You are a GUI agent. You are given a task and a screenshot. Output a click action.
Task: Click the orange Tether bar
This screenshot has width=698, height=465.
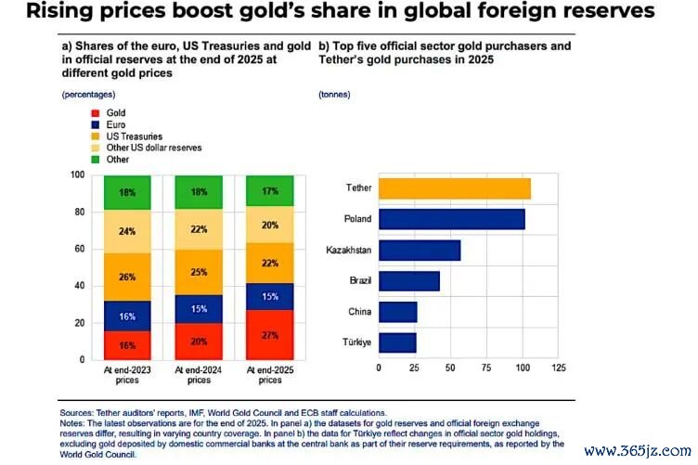pos(455,188)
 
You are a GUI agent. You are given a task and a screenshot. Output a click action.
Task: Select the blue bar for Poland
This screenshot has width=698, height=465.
pos(452,219)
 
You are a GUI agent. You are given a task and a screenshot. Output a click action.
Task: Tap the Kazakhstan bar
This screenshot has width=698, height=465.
pos(420,250)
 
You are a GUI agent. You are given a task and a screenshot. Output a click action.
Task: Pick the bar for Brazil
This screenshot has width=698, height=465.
pos(409,281)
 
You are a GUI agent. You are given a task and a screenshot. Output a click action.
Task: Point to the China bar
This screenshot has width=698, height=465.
pos(398,312)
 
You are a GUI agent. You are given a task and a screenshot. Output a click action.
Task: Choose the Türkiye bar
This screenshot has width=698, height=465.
pos(397,342)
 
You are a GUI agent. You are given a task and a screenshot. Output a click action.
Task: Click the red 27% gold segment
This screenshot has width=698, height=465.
pos(270,335)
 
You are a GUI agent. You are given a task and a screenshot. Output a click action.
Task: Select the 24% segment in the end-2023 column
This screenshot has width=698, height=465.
pos(127,231)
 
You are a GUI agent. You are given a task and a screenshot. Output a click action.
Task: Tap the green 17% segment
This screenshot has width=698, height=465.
pos(270,191)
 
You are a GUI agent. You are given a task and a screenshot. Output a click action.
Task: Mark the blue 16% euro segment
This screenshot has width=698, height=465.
pos(127,316)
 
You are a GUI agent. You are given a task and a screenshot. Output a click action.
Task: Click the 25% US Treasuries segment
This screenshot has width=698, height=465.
pos(199,272)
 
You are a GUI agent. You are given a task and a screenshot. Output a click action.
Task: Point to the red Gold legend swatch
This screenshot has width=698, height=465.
pos(96,113)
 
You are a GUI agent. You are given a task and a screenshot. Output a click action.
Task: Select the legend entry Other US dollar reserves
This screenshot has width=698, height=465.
pos(153,148)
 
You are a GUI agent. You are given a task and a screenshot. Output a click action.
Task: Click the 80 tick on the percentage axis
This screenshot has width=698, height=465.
pos(79,212)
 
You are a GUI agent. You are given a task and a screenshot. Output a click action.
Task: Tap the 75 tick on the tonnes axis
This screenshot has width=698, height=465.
pos(486,368)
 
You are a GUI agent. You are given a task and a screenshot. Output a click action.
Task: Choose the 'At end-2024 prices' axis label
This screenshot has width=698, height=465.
pos(199,375)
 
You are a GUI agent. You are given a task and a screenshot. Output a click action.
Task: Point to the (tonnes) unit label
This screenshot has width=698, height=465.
pos(334,95)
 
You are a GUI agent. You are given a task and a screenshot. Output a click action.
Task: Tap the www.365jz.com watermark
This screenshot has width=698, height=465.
pos(638,451)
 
